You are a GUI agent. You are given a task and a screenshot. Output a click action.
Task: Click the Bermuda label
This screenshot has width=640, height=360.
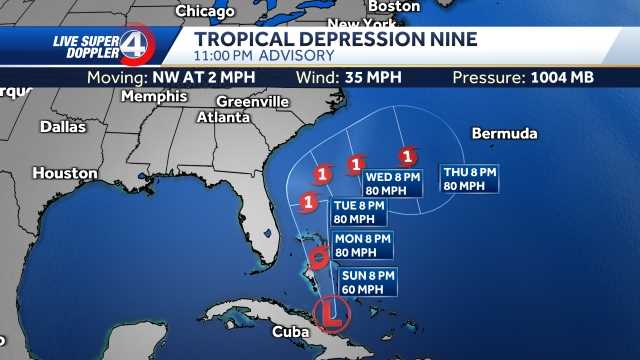(504, 134)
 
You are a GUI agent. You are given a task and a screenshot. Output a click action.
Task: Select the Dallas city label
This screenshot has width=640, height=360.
(64, 127)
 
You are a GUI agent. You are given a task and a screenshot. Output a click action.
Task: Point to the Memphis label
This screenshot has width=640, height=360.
(153, 97)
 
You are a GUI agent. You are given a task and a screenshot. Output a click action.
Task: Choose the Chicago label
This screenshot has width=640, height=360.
(204, 11)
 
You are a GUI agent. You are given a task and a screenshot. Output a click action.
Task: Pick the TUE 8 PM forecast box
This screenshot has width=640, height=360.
(359, 212)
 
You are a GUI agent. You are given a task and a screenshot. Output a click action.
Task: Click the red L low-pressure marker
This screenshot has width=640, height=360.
(329, 313)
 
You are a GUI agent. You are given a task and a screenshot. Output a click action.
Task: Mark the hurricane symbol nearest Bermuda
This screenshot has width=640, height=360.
(406, 157)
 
